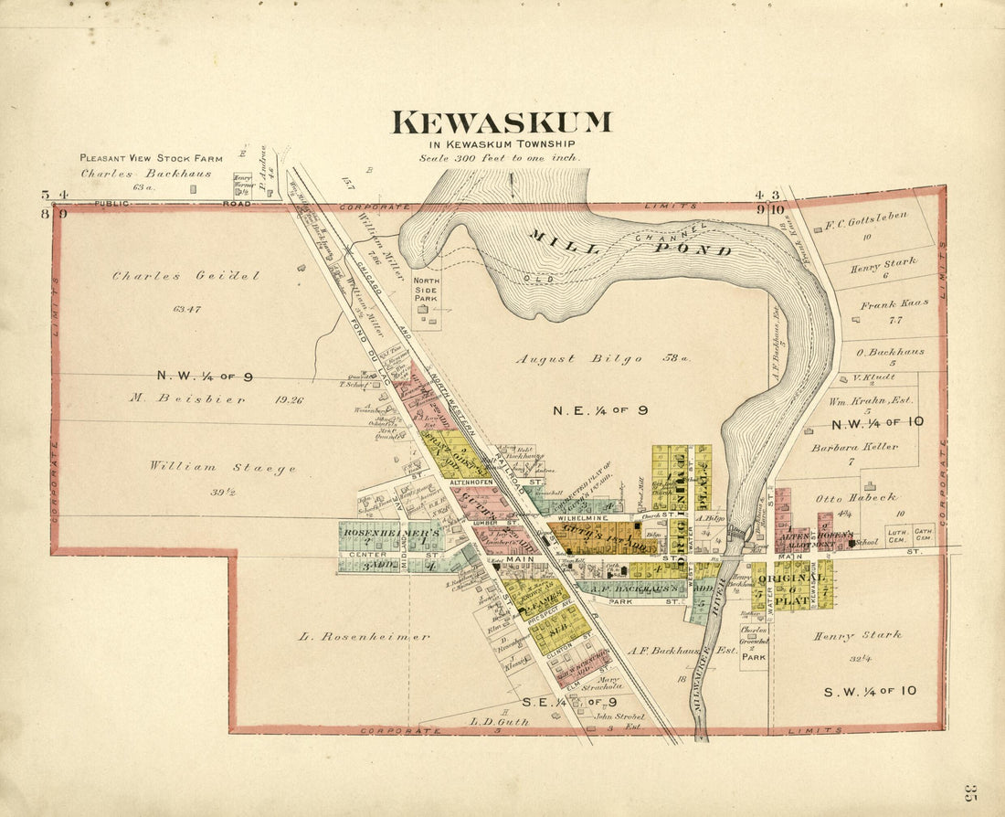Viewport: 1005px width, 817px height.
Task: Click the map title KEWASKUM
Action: pyautogui.click(x=502, y=122)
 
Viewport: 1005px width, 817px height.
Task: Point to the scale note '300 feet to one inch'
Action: pyautogui.click(x=500, y=157)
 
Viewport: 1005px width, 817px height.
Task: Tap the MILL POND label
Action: pyautogui.click(x=629, y=243)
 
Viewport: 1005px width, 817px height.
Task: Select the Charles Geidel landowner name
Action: pyautogui.click(x=185, y=276)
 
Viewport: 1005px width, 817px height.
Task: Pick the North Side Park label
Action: pyautogui.click(x=426, y=290)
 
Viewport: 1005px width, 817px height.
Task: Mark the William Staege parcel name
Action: pyautogui.click(x=222, y=467)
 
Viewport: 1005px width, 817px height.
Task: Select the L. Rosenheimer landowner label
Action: pyautogui.click(x=363, y=636)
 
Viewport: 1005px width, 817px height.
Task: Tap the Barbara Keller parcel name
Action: pyautogui.click(x=854, y=447)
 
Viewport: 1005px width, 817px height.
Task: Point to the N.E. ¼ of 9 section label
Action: pyautogui.click(x=600, y=410)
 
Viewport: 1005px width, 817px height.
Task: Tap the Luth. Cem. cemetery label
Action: pyautogui.click(x=896, y=533)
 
